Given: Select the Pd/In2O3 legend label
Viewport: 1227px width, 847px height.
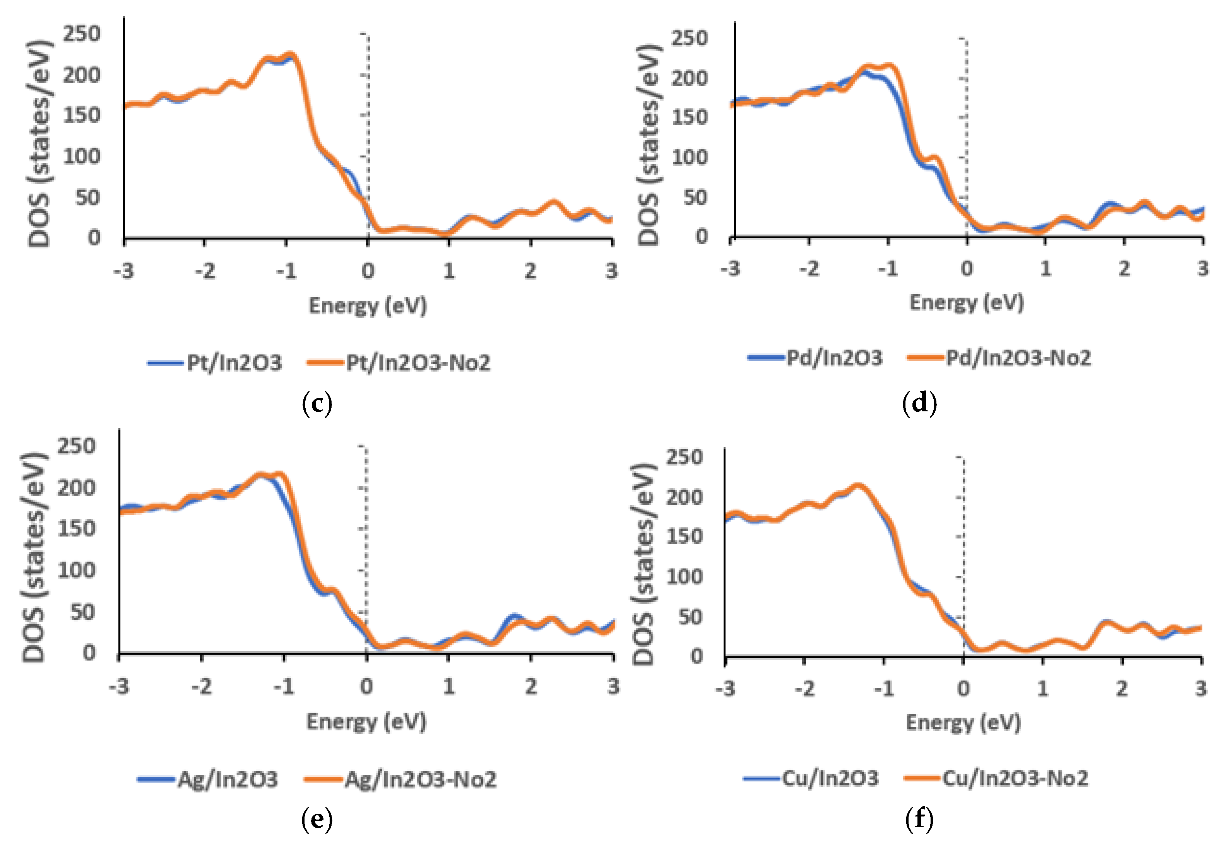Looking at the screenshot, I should (834, 358).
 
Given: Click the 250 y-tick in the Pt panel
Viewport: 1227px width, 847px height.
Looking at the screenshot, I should (81, 34).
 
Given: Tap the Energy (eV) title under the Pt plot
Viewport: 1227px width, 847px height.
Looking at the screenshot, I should (368, 306).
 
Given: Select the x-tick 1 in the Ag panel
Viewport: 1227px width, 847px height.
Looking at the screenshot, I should (449, 686).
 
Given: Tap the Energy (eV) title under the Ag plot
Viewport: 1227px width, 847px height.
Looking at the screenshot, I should (366, 722).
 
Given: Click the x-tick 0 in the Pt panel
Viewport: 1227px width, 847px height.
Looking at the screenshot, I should (368, 271).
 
